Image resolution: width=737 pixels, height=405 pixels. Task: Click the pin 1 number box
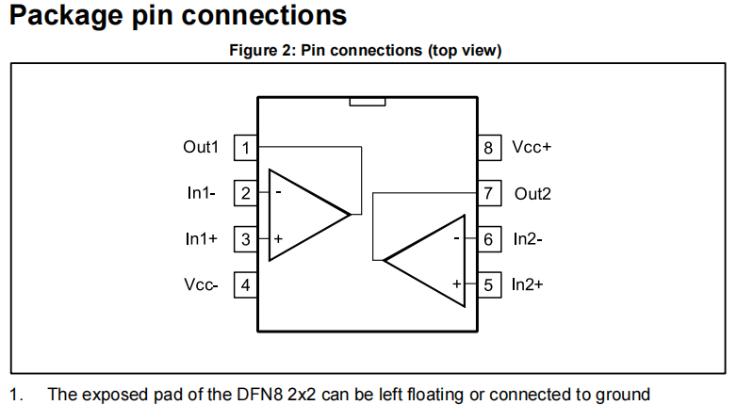[x=246, y=148]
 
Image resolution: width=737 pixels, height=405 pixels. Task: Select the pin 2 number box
[x=246, y=193]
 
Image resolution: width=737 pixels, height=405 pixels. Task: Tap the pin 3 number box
[x=246, y=239]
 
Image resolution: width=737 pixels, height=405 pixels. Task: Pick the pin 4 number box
[x=246, y=284]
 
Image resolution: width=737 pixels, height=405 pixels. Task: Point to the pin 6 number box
[x=488, y=239]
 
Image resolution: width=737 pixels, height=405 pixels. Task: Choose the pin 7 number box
[x=488, y=193]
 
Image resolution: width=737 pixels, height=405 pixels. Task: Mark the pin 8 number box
[x=488, y=148]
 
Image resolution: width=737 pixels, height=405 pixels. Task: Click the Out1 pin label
[x=201, y=148]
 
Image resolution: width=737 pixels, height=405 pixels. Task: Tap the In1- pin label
[x=202, y=193]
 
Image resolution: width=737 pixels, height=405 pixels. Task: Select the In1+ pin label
[x=202, y=239]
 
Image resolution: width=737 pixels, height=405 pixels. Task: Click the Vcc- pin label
[x=201, y=284]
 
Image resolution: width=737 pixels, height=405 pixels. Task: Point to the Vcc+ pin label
[x=532, y=148]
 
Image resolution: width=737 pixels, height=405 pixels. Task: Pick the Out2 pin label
[x=532, y=194]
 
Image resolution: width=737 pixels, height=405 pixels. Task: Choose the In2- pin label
[x=528, y=239]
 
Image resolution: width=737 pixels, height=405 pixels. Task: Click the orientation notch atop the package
[x=367, y=101]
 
